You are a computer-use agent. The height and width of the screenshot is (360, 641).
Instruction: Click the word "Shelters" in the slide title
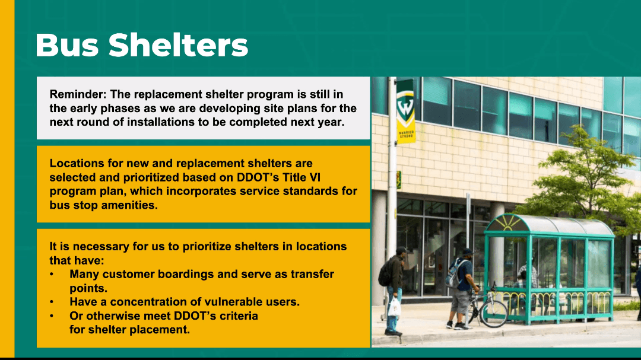click(178, 44)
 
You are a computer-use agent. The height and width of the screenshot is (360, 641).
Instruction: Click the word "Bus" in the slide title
click(67, 44)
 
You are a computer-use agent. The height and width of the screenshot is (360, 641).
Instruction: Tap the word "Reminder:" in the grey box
click(78, 94)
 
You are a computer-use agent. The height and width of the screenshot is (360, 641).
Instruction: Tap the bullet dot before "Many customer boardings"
click(52, 274)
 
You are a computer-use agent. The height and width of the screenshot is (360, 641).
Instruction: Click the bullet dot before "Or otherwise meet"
click(52, 316)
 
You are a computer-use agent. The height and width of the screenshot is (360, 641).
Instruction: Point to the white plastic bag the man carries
click(394, 307)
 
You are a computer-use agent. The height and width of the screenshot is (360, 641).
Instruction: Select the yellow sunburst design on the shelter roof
click(504, 224)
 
